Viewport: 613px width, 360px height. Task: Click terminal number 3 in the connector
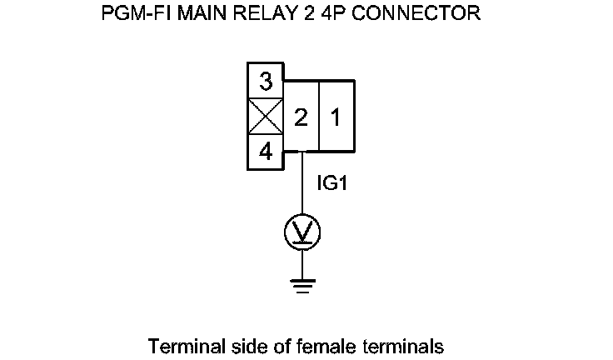(x=266, y=82)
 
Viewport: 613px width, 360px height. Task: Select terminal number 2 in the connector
(x=302, y=117)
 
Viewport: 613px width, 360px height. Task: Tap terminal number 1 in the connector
(x=336, y=117)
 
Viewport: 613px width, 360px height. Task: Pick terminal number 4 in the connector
(x=266, y=152)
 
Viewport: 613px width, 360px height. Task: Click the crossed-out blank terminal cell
(x=266, y=117)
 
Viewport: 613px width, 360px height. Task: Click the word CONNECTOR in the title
(x=422, y=15)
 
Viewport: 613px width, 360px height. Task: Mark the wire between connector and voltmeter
(x=302, y=187)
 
